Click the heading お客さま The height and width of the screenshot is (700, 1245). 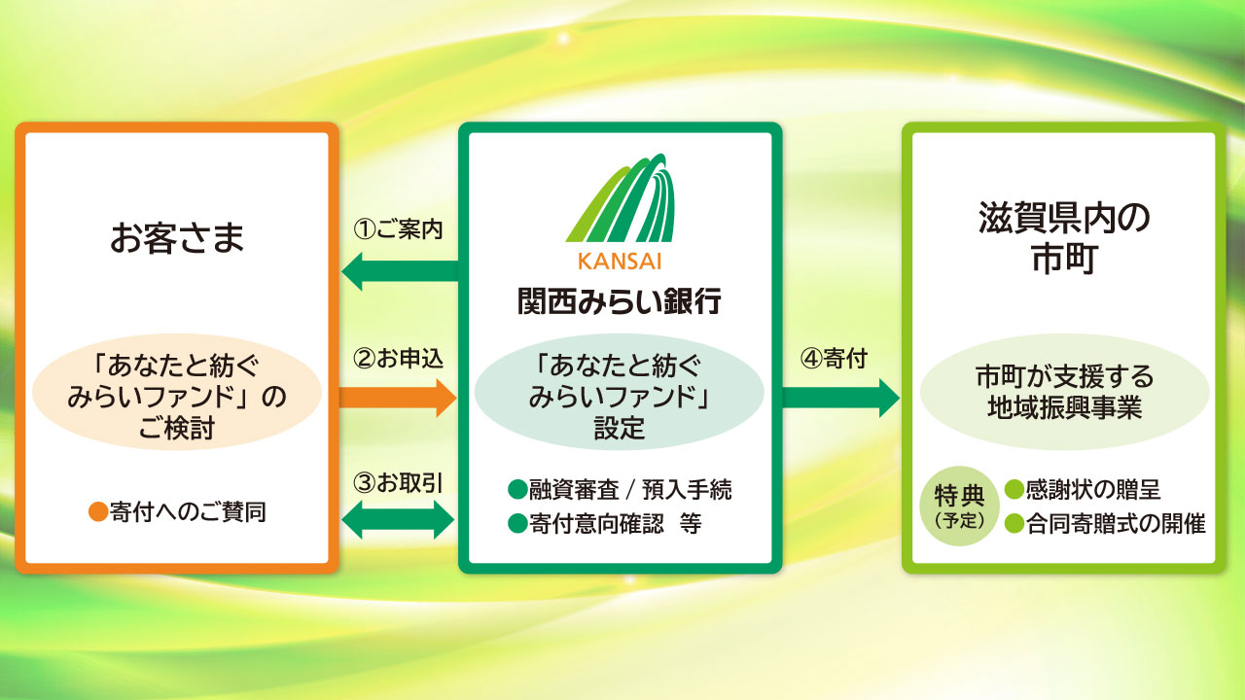pyautogui.click(x=177, y=238)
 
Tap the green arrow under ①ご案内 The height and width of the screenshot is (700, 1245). pyautogui.click(x=400, y=271)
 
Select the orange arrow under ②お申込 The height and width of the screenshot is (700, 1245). pyautogui.click(x=398, y=398)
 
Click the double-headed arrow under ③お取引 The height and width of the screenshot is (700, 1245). pyautogui.click(x=398, y=520)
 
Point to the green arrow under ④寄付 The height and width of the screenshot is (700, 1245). pyautogui.click(x=841, y=398)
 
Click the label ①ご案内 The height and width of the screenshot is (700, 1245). pyautogui.click(x=398, y=229)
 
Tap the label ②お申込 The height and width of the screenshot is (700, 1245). pyautogui.click(x=398, y=359)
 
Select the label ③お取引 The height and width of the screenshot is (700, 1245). pyautogui.click(x=398, y=483)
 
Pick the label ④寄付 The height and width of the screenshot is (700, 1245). pyautogui.click(x=834, y=359)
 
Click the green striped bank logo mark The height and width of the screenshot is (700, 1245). pyautogui.click(x=621, y=197)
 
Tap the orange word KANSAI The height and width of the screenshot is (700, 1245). pyautogui.click(x=621, y=262)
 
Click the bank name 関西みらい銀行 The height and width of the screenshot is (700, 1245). pyautogui.click(x=620, y=301)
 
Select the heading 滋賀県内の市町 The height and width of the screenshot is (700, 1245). pyautogui.click(x=1064, y=237)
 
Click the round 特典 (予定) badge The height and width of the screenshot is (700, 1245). pyautogui.click(x=959, y=507)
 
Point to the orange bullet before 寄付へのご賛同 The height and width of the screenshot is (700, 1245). pyautogui.click(x=98, y=512)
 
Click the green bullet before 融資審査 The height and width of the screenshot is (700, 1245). pyautogui.click(x=517, y=489)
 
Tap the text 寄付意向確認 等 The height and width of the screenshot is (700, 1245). pyautogui.click(x=616, y=523)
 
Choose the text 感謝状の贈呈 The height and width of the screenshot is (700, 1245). pyautogui.click(x=1093, y=489)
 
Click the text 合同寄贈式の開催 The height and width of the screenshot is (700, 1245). pyautogui.click(x=1116, y=523)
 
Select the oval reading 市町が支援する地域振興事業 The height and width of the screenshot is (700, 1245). pyautogui.click(x=1064, y=392)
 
